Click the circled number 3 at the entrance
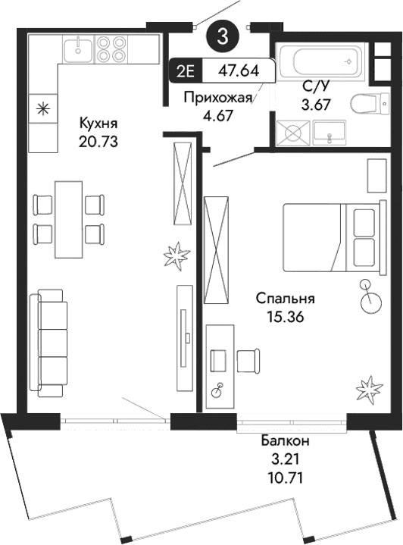pyautogui.click(x=221, y=35)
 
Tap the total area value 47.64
pyautogui.click(x=239, y=72)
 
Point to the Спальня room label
pyautogui.click(x=285, y=299)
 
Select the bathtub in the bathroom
pyautogui.click(x=321, y=61)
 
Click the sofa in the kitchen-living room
pyautogui.click(x=48, y=343)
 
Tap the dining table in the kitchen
pyautogui.click(x=70, y=219)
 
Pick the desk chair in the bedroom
pyautogui.click(x=247, y=361)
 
